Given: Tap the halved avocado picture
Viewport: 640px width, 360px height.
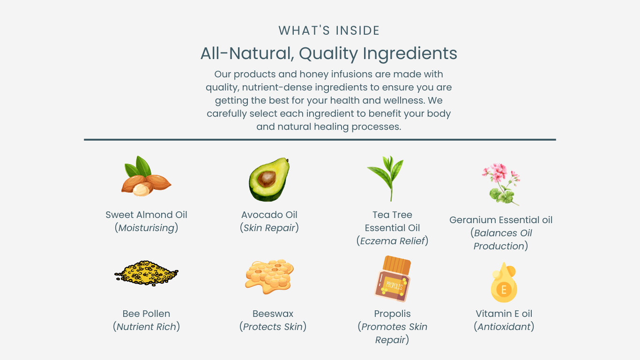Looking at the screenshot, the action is pyautogui.click(x=269, y=179).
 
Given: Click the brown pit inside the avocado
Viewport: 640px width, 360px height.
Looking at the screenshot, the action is pyautogui.click(x=267, y=179).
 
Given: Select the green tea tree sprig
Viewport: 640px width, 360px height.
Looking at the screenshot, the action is pyautogui.click(x=386, y=178).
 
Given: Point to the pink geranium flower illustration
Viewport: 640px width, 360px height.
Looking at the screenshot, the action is pyautogui.click(x=501, y=184).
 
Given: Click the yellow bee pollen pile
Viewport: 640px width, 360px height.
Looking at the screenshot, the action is pyautogui.click(x=146, y=273).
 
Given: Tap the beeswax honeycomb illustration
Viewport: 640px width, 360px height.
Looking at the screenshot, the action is pyautogui.click(x=269, y=276).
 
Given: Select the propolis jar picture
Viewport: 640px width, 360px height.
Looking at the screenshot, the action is pyautogui.click(x=393, y=279).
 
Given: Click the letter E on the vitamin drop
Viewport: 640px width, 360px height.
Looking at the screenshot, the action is pyautogui.click(x=504, y=290).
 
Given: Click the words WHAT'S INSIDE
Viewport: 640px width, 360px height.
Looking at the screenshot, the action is pyautogui.click(x=329, y=30).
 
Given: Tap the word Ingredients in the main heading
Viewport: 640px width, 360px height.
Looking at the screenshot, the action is pyautogui.click(x=410, y=53).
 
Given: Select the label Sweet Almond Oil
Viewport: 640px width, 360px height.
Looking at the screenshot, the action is pyautogui.click(x=146, y=215).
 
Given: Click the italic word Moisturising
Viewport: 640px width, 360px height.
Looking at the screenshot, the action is pyautogui.click(x=146, y=228).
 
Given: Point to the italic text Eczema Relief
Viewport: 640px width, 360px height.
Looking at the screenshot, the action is pyautogui.click(x=392, y=241).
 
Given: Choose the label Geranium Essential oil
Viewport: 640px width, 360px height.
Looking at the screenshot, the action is pyautogui.click(x=501, y=220).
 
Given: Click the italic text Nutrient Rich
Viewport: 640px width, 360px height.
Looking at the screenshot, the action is pyautogui.click(x=146, y=327).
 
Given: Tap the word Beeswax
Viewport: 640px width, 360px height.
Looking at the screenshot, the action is pyautogui.click(x=273, y=314).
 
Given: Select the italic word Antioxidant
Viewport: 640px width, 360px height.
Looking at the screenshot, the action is pyautogui.click(x=504, y=327).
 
